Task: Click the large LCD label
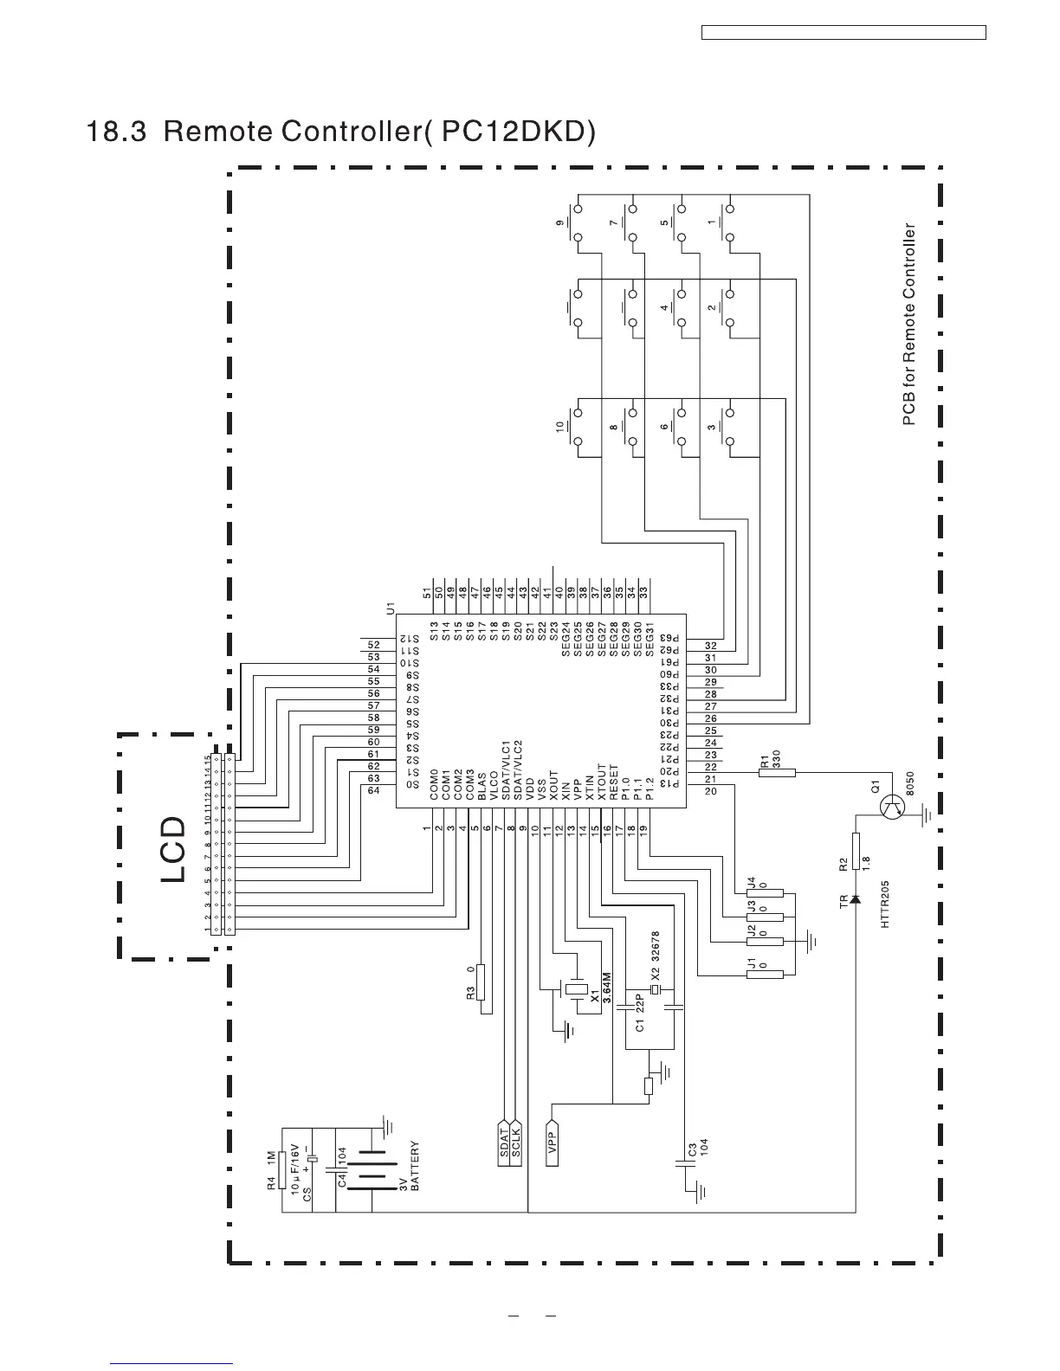coord(173,848)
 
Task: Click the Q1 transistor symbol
coord(891,808)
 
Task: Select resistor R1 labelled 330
coord(776,772)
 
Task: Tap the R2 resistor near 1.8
coord(856,851)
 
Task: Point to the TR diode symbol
coord(856,900)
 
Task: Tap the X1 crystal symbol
coord(577,988)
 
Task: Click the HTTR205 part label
coord(885,904)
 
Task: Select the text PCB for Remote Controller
coord(908,325)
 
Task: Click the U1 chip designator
coord(391,608)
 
